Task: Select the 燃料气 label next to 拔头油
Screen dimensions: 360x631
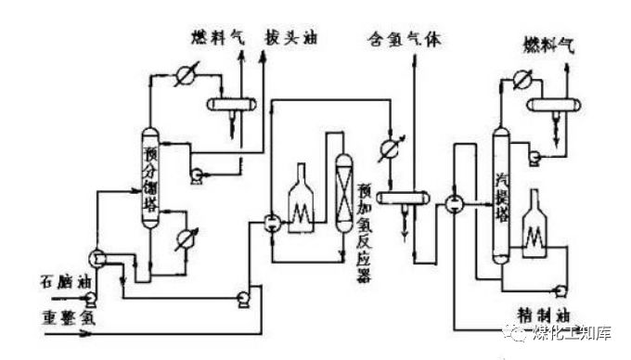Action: pos(218,39)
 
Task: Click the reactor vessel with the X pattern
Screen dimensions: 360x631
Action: pos(342,186)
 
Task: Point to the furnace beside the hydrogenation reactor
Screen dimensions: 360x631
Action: pos(302,197)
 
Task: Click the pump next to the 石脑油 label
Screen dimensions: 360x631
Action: pos(91,298)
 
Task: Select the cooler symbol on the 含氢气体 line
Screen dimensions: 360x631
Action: pos(389,147)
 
